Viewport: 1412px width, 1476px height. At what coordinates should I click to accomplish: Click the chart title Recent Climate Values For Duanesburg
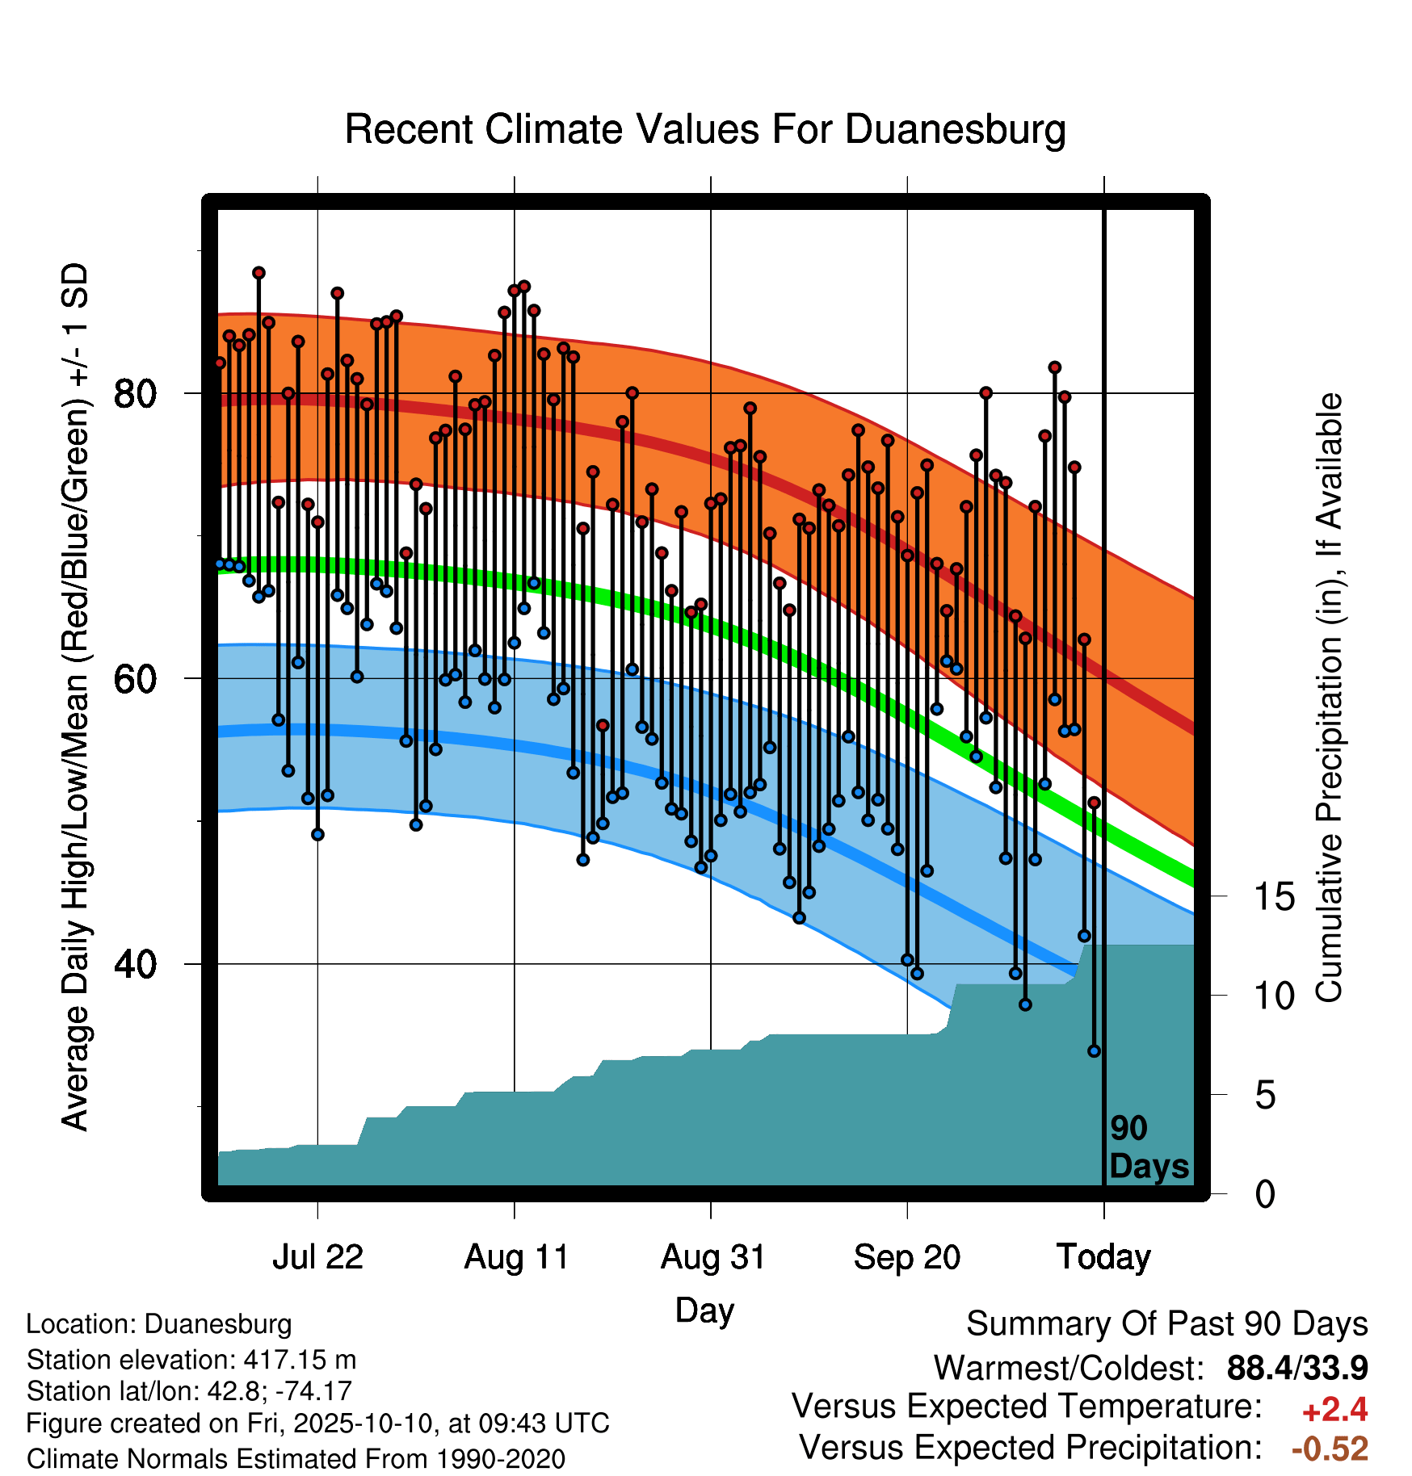pos(705,130)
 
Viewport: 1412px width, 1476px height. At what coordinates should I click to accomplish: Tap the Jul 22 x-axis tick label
pos(317,1257)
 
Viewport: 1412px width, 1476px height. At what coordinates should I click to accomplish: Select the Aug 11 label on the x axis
pos(515,1257)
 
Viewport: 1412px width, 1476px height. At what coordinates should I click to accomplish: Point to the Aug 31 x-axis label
pos(712,1257)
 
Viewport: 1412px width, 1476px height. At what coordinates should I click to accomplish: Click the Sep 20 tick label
pos(907,1257)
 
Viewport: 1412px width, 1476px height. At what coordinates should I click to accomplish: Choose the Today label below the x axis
pos(1104,1257)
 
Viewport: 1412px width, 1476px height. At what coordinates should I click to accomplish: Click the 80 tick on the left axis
pos(135,394)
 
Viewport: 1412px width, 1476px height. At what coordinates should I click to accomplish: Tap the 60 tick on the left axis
pos(135,679)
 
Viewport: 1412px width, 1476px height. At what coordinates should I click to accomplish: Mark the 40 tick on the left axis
pos(135,964)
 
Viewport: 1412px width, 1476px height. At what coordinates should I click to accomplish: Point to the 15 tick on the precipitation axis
pos(1274,896)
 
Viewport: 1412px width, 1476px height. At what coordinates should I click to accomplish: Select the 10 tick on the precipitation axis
pos(1274,996)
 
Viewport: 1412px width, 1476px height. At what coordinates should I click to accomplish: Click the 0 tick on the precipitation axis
pos(1265,1193)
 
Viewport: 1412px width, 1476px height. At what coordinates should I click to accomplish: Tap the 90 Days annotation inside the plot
pos(1149,1147)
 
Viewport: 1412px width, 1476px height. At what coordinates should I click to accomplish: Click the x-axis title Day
pos(704,1311)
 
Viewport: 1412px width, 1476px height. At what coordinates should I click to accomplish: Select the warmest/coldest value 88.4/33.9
pos(1297,1368)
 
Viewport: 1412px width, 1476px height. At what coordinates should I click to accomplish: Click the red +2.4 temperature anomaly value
pos(1334,1410)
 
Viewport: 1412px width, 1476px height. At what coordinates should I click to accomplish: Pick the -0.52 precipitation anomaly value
pos(1330,1449)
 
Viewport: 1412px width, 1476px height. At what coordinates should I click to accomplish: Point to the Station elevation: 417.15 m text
pos(191,1360)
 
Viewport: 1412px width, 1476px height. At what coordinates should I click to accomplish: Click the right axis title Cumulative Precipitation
pos(1329,698)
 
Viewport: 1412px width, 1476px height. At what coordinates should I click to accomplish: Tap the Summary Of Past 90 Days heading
pos(1167,1324)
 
